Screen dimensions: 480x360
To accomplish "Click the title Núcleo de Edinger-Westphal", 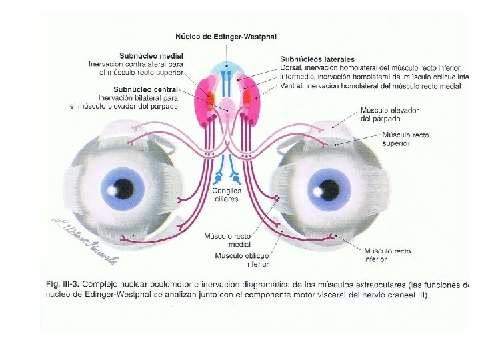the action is [226, 36].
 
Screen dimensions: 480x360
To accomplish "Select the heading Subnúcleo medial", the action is [151, 55].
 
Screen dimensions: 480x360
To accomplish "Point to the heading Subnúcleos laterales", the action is [317, 59].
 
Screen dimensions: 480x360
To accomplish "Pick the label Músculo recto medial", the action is [228, 240].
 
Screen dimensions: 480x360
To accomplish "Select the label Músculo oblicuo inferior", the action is [242, 259].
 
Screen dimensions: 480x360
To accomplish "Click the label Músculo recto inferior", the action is [387, 255].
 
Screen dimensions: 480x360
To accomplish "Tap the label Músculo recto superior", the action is [406, 139].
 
